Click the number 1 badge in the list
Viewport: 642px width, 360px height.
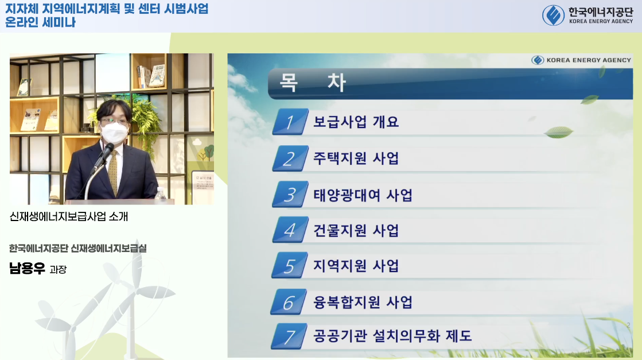(290, 122)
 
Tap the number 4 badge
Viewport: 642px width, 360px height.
(290, 230)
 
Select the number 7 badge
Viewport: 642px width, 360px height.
(289, 336)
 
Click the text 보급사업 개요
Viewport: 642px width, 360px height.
(356, 122)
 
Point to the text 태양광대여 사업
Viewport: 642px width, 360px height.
(363, 195)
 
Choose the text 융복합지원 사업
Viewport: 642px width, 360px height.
(363, 302)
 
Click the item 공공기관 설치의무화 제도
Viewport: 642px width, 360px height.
(392, 336)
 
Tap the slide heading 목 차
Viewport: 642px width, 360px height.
(313, 82)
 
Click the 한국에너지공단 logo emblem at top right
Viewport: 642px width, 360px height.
(553, 15)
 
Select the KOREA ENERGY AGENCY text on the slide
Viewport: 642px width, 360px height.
(589, 60)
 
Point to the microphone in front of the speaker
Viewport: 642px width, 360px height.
(102, 157)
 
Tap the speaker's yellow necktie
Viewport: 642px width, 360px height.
(113, 172)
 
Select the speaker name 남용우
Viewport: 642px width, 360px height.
(27, 268)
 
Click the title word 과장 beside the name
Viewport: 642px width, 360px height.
(58, 269)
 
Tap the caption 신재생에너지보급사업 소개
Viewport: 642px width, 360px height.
(69, 216)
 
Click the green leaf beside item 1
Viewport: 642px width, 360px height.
(558, 132)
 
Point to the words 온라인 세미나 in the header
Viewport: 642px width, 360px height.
(40, 22)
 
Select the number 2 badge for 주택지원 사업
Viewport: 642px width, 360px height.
(290, 158)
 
